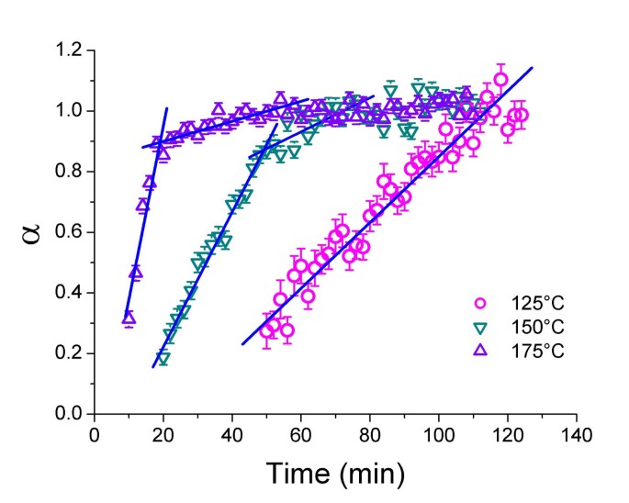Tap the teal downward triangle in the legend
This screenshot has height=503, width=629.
tap(478, 327)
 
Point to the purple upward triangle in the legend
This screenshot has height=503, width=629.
tap(478, 350)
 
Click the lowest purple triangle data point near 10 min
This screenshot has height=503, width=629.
tap(129, 319)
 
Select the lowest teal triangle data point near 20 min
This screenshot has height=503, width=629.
tap(163, 358)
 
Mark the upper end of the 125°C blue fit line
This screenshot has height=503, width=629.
tap(532, 68)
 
